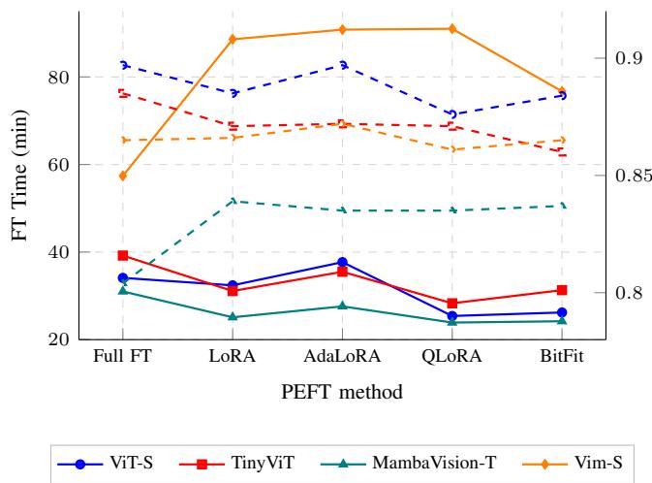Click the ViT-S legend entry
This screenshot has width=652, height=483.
(106, 463)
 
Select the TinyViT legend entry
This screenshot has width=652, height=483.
(236, 463)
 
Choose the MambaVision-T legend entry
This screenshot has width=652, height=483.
(409, 463)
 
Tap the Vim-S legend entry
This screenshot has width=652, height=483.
(573, 463)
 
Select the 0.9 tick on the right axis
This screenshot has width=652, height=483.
(629, 58)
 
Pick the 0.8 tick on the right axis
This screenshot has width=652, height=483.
(629, 293)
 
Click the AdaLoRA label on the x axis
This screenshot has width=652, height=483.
(342, 356)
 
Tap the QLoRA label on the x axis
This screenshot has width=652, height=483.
(452, 356)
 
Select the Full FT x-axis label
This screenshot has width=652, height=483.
(123, 356)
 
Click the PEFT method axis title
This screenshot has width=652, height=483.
(342, 392)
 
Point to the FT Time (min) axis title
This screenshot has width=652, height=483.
(19, 176)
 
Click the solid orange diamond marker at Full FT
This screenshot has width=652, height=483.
(123, 177)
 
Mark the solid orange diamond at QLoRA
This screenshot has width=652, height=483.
(452, 29)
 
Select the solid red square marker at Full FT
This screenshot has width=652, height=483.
(123, 256)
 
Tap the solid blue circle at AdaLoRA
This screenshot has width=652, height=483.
(342, 262)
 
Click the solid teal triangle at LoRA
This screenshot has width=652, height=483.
(233, 316)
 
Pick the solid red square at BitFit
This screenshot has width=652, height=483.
(562, 290)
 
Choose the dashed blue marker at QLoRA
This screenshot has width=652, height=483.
(452, 114)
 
